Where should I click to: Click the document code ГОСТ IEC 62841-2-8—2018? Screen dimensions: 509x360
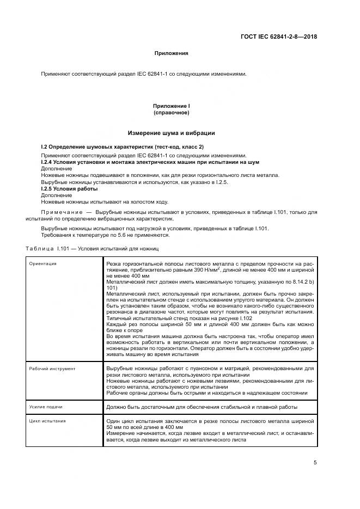(x=278, y=37)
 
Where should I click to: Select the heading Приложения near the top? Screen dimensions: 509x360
(x=172, y=53)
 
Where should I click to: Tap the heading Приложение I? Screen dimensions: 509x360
(x=172, y=106)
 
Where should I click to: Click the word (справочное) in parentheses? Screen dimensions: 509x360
(x=172, y=113)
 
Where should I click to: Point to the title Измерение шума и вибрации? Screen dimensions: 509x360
(x=172, y=133)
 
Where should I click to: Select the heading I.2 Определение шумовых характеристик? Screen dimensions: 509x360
(x=123, y=148)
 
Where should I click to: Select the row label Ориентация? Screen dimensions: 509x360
(x=44, y=263)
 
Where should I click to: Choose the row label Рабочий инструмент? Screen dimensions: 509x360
(x=52, y=369)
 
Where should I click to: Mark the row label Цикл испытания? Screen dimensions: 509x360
(x=48, y=421)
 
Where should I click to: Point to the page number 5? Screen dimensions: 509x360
(x=315, y=463)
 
